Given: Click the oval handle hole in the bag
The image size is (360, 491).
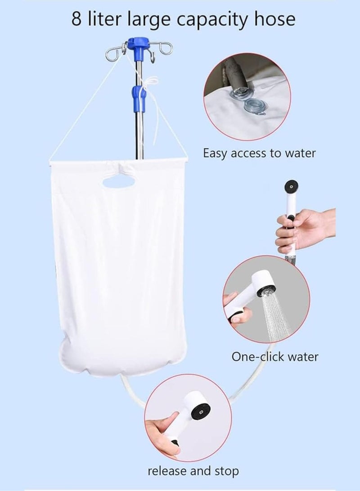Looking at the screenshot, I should (x=119, y=182).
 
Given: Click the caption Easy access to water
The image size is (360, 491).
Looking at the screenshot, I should (x=259, y=153).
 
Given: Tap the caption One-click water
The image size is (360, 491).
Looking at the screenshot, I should (x=274, y=356).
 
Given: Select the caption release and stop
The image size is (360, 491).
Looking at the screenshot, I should (x=193, y=471).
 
